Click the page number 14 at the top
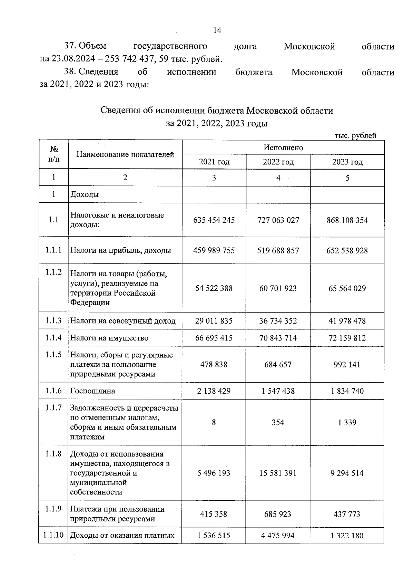217,30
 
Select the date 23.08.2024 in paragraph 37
73,59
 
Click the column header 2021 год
214,162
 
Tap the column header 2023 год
347,162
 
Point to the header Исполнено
283,148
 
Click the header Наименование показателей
125,154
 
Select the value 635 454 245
214,220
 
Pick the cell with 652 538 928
347,250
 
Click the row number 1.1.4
53,338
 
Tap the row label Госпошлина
92,391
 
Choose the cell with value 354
278,422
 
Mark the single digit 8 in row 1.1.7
214,422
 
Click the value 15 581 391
278,473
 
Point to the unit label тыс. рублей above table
355,136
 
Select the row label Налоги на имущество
109,338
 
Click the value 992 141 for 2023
347,364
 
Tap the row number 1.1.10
53,535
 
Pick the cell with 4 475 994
278,536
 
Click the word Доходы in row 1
85,194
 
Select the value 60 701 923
278,288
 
